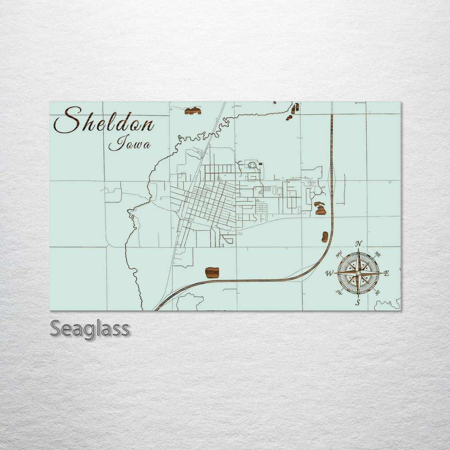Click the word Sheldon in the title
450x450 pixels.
click(104, 120)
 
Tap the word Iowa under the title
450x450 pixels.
click(130, 144)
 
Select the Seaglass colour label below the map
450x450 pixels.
click(90, 329)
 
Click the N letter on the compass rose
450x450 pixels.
click(359, 243)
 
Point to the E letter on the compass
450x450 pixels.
click(386, 273)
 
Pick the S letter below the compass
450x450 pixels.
click(358, 303)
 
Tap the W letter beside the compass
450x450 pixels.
click(329, 274)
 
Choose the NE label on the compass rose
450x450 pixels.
click(377, 254)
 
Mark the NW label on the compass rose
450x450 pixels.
click(339, 253)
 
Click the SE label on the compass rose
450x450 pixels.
click(377, 292)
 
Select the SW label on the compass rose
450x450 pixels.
click(339, 292)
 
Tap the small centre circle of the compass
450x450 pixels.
click(358, 273)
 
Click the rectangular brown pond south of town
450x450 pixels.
click(212, 273)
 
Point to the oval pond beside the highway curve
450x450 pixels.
click(325, 237)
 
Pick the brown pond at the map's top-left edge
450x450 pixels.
click(193, 111)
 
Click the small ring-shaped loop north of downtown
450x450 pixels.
click(252, 165)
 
